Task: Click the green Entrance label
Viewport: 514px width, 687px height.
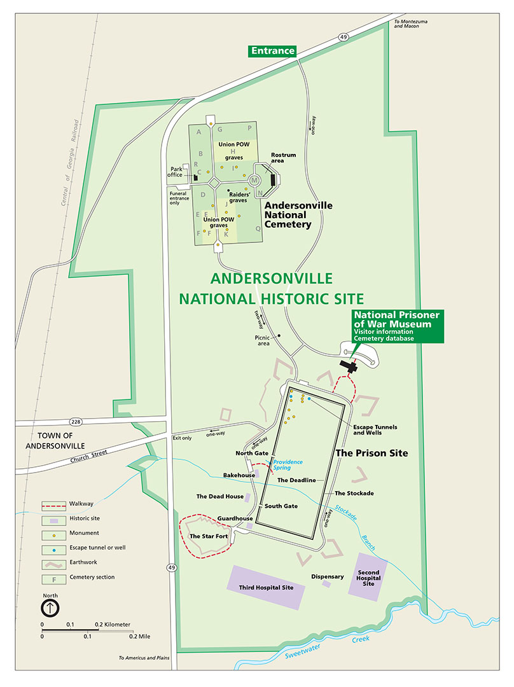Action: (273, 51)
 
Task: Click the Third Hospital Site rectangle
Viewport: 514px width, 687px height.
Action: (266, 587)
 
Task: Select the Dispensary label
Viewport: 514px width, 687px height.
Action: (328, 577)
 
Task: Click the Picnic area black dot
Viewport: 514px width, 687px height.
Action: (279, 335)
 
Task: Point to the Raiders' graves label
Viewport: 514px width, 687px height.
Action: (241, 196)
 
